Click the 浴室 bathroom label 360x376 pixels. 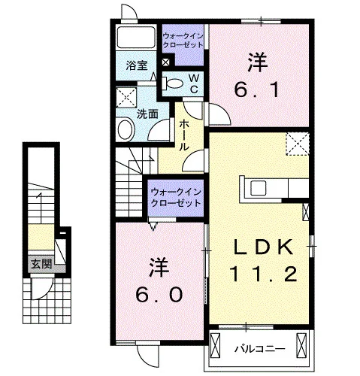pyautogui.click(x=137, y=65)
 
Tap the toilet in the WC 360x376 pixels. pyautogui.click(x=172, y=83)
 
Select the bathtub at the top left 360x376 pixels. pyautogui.click(x=136, y=37)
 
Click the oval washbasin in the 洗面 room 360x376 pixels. pyautogui.click(x=126, y=130)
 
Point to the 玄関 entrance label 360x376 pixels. pyautogui.click(x=41, y=264)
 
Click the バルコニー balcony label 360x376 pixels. pyautogui.click(x=259, y=349)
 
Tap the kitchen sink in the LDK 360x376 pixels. pyautogui.click(x=258, y=188)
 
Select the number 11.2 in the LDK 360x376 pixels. pyautogui.click(x=263, y=274)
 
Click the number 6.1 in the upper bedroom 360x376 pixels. pyautogui.click(x=257, y=90)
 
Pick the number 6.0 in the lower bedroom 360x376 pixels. pyautogui.click(x=159, y=295)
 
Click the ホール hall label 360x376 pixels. pyautogui.click(x=184, y=135)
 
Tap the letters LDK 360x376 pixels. pyautogui.click(x=263, y=247)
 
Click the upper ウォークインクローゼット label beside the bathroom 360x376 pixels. pyautogui.click(x=183, y=41)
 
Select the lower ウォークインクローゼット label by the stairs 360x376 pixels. pyautogui.click(x=176, y=198)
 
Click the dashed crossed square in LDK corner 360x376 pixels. pyautogui.click(x=298, y=144)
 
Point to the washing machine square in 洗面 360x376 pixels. pyautogui.click(x=126, y=97)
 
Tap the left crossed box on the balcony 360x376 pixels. pyautogui.click(x=215, y=344)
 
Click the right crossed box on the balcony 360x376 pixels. pyautogui.click(x=301, y=344)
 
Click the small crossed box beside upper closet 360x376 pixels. pyautogui.click(x=165, y=62)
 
